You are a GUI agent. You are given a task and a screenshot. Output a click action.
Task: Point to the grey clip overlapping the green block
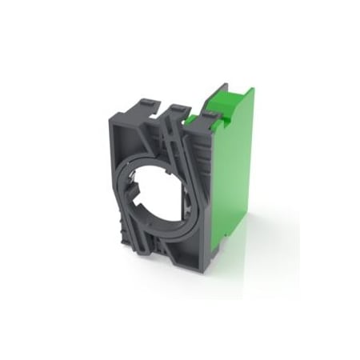pos(205,120)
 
